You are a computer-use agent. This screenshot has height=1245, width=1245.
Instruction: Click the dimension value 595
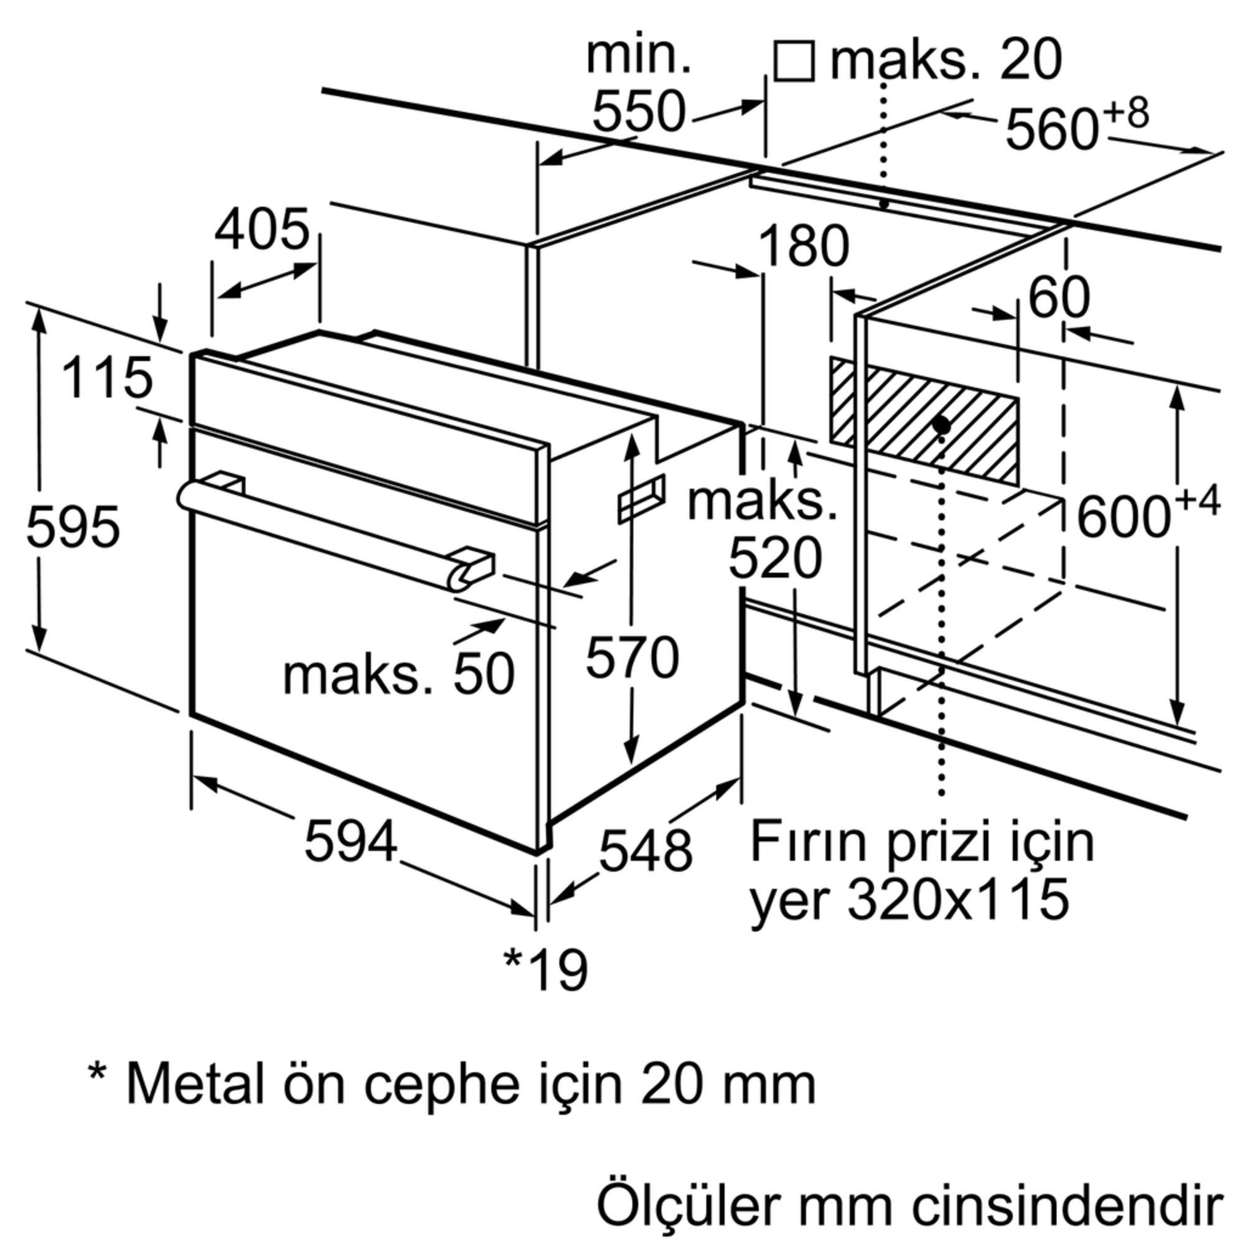click(x=73, y=527)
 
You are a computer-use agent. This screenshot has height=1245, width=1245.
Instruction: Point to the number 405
click(x=262, y=230)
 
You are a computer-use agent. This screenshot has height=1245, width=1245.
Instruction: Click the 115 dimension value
click(x=108, y=378)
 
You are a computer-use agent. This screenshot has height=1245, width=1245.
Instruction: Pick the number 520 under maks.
click(x=775, y=559)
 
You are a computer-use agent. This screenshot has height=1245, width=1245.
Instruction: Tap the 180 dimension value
click(x=804, y=246)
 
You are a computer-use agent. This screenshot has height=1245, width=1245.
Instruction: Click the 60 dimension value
click(x=1059, y=298)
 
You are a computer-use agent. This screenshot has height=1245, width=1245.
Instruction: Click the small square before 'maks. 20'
click(x=794, y=62)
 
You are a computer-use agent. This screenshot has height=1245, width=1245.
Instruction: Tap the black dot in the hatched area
click(x=941, y=425)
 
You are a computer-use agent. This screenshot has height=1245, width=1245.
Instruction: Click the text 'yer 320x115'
click(x=909, y=898)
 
